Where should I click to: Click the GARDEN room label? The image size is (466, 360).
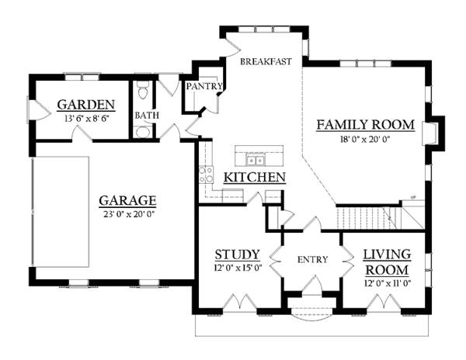[x=87, y=105]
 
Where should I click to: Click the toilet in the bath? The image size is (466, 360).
[x=142, y=93]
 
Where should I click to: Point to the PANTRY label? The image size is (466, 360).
[x=204, y=86]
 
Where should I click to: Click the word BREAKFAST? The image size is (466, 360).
[x=265, y=61]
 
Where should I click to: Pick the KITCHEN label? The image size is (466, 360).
[x=254, y=178]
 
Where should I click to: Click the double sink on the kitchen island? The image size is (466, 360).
[x=256, y=161]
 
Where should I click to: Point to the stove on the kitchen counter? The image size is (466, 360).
[x=207, y=175]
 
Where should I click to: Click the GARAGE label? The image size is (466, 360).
[x=127, y=199]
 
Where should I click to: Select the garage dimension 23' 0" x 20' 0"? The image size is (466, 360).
[x=127, y=213]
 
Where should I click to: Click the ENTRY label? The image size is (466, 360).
[x=311, y=259]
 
